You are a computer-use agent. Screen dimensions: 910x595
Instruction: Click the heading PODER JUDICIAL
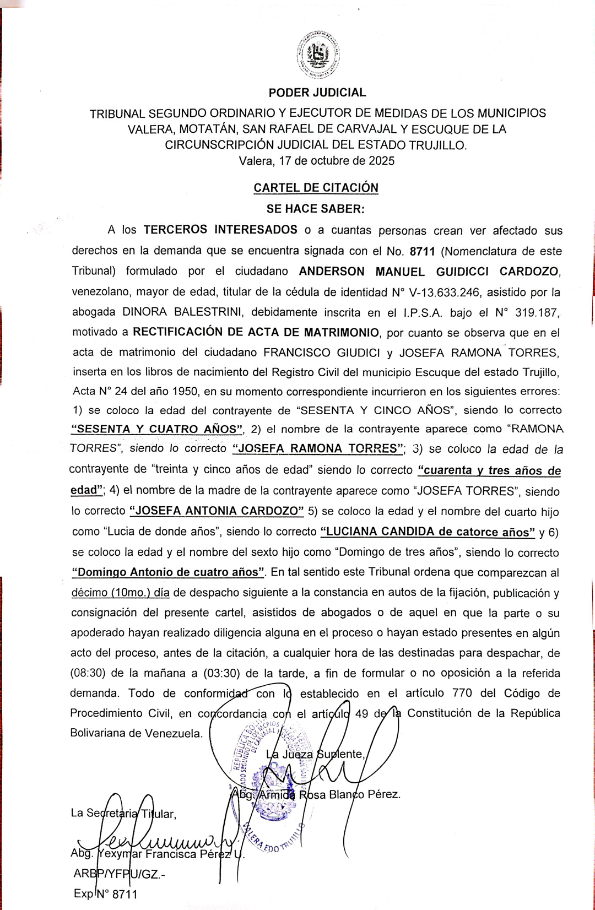click(317, 93)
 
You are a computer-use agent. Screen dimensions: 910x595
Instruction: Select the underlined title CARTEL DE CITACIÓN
click(316, 188)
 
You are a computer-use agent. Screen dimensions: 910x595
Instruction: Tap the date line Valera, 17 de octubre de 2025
click(316, 161)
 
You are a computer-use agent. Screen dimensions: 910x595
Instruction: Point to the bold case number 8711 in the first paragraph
click(422, 251)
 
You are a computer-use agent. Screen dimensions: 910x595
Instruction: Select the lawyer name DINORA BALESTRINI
click(182, 312)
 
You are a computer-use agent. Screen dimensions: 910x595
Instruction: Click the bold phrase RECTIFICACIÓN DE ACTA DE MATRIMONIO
click(256, 332)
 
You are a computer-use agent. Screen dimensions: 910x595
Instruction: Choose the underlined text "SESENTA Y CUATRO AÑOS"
click(157, 429)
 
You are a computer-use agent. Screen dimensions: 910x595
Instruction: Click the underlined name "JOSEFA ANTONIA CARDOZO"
click(217, 511)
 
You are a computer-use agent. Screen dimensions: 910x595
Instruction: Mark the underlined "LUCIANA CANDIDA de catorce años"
click(428, 532)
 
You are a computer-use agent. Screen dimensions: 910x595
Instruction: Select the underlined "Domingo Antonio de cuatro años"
click(168, 572)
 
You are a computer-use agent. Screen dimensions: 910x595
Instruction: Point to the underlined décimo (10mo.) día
click(120, 593)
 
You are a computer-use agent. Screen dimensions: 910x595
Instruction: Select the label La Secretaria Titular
click(123, 813)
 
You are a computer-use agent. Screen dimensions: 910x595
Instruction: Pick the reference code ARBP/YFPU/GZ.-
click(119, 874)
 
